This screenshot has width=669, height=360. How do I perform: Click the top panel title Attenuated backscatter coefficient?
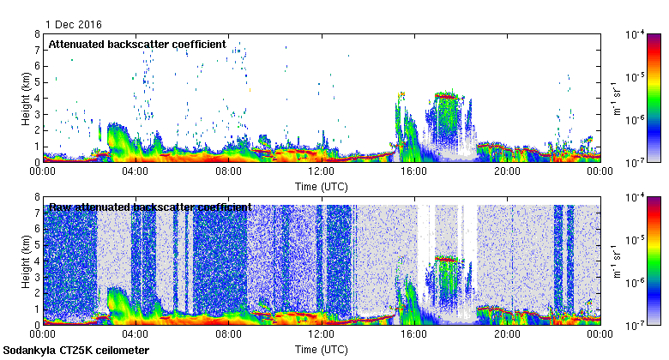tap(136, 44)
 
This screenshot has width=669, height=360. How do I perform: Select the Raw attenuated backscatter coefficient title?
tap(149, 207)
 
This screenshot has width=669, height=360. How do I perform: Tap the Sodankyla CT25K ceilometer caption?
tap(76, 351)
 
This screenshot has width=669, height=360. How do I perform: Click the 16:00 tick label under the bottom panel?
tap(414, 333)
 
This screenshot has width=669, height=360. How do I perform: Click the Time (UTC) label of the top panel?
tap(322, 186)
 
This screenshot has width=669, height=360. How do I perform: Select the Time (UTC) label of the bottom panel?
tap(322, 350)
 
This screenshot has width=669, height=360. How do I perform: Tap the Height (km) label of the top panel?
tap(27, 98)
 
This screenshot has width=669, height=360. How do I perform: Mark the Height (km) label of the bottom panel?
tap(27, 261)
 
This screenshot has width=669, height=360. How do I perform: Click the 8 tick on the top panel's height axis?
tap(37, 34)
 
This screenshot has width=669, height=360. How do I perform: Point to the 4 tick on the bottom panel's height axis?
tap(37, 261)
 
